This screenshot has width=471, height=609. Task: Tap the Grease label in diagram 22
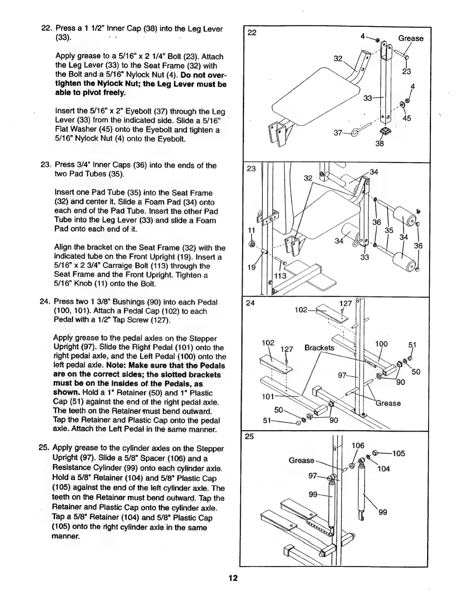(x=410, y=38)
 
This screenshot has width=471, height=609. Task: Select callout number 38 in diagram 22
(x=380, y=144)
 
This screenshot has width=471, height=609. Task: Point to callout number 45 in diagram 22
(x=407, y=118)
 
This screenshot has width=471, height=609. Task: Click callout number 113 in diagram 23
(x=281, y=276)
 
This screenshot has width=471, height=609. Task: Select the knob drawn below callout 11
(x=252, y=244)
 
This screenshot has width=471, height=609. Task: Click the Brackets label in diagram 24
(x=319, y=348)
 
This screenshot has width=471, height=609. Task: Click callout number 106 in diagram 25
(x=358, y=445)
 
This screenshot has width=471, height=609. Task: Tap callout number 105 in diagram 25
(x=398, y=453)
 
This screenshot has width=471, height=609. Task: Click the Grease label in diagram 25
(x=301, y=461)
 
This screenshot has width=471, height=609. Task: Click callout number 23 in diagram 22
(x=406, y=72)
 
